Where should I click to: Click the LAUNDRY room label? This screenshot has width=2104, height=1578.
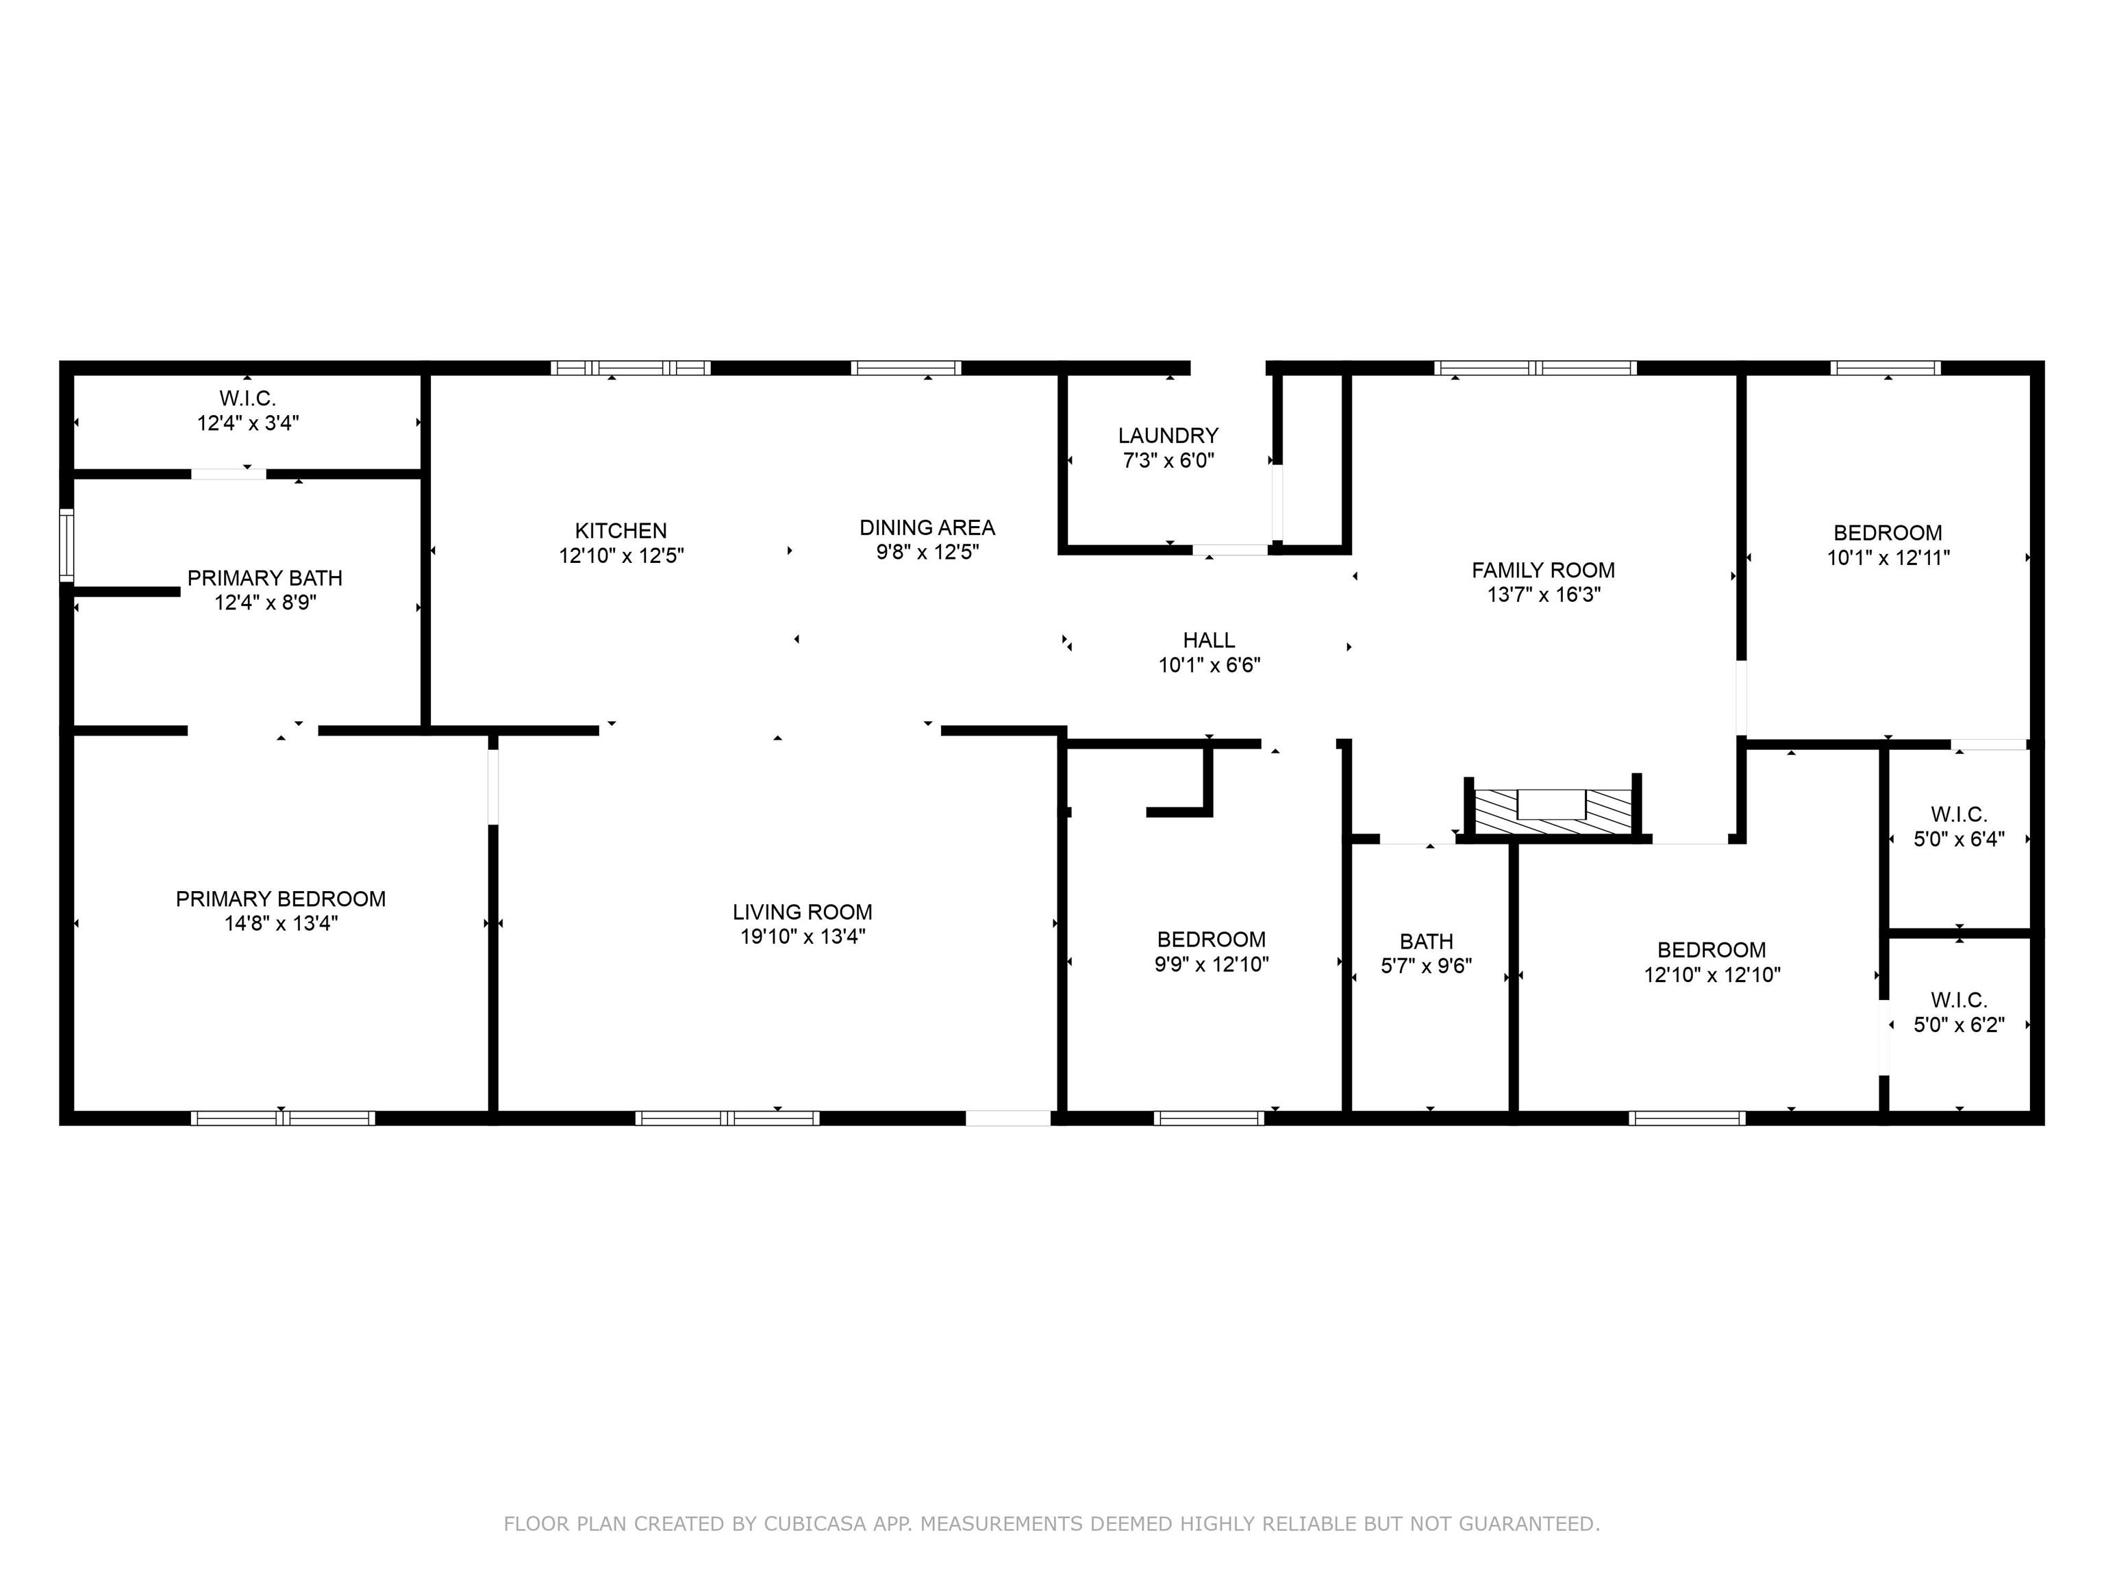pyautogui.click(x=1168, y=436)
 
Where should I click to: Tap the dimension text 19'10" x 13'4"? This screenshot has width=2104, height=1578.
pyautogui.click(x=803, y=937)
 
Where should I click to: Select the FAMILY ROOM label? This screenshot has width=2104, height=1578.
pyautogui.click(x=1543, y=571)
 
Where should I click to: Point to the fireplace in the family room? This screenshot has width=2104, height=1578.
pyautogui.click(x=1553, y=810)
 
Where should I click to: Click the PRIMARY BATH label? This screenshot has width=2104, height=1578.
pyautogui.click(x=264, y=578)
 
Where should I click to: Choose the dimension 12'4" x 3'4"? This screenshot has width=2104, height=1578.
pyautogui.click(x=248, y=423)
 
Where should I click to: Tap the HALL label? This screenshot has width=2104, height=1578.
pyautogui.click(x=1209, y=640)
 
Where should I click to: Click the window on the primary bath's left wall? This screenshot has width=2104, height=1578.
pyautogui.click(x=66, y=545)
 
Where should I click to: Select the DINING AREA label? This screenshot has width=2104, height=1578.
pyautogui.click(x=927, y=528)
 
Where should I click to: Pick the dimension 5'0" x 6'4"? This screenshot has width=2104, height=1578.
pyautogui.click(x=1959, y=839)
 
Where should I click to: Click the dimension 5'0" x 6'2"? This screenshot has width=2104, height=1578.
pyautogui.click(x=1959, y=1025)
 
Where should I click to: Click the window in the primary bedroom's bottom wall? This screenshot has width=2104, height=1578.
pyautogui.click(x=282, y=1118)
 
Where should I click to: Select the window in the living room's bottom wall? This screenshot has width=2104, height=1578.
pyautogui.click(x=727, y=1118)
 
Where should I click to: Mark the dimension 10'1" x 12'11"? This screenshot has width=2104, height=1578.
pyautogui.click(x=1888, y=558)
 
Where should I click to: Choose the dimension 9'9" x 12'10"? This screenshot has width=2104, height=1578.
pyautogui.click(x=1212, y=964)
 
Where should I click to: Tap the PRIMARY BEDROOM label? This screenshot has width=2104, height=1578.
pyautogui.click(x=281, y=899)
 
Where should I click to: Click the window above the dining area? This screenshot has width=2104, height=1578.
pyautogui.click(x=905, y=368)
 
